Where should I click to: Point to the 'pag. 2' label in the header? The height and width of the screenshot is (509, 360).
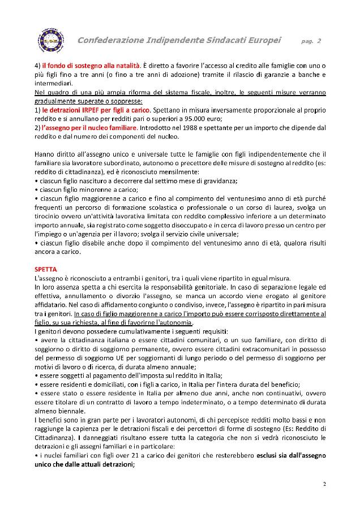[x=311, y=41]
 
